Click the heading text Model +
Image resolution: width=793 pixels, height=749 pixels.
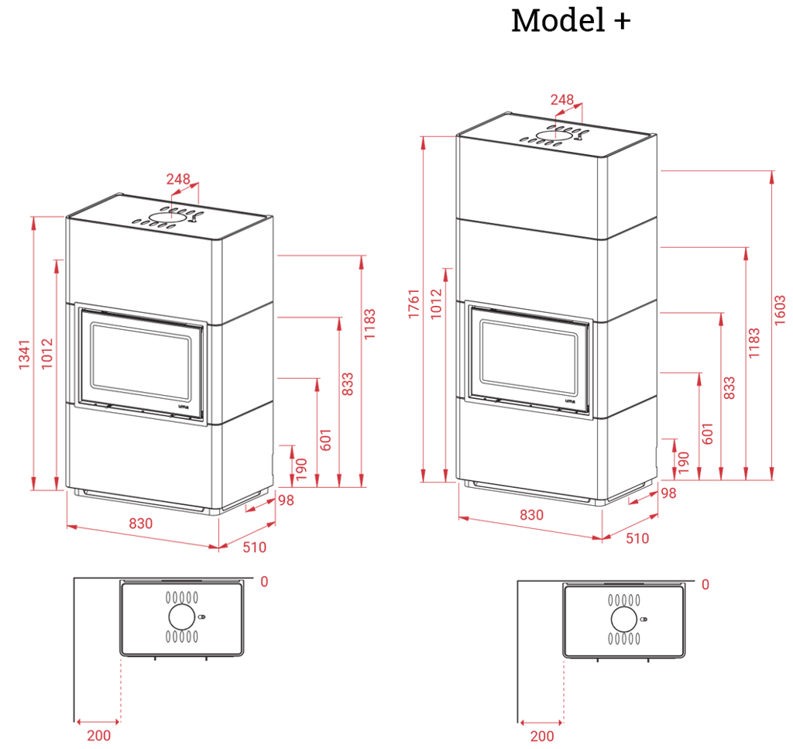pos(570,21)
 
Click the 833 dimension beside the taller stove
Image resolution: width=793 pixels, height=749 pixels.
pos(729,388)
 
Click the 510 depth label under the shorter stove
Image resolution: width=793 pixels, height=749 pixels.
pos(253,548)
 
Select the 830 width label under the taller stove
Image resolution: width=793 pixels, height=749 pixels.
pos(531,515)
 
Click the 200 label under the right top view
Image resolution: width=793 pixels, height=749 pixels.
pos(543,737)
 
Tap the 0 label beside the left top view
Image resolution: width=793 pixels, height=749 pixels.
pos(263,582)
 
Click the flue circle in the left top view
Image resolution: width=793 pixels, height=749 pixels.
pos(180,617)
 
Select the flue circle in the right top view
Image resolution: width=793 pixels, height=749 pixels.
pos(623,619)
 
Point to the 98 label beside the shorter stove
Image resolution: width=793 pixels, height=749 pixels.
pos(287,501)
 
